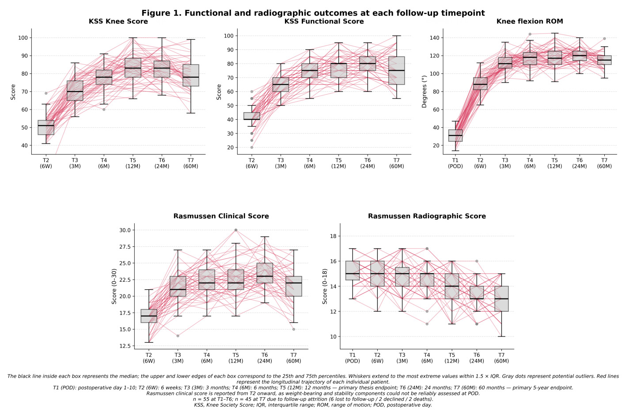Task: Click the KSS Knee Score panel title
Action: [x=118, y=21]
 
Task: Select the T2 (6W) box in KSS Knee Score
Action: [x=46, y=128]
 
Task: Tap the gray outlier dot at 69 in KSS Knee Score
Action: [x=46, y=93]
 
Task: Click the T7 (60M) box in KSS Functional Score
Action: [x=397, y=71]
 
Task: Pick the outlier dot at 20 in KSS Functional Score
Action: [x=251, y=147]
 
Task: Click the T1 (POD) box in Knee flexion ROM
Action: [x=455, y=136]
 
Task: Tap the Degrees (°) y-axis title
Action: [x=424, y=91]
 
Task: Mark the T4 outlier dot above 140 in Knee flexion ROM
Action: [x=530, y=34]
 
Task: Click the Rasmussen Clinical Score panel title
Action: [x=221, y=216]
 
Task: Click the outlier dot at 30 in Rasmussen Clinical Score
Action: [x=236, y=230]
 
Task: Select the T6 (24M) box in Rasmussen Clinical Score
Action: [x=265, y=273]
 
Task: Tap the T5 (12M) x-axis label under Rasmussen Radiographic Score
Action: [x=452, y=358]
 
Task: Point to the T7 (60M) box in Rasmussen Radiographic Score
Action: [x=501, y=299]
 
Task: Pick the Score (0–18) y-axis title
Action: [x=325, y=286]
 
